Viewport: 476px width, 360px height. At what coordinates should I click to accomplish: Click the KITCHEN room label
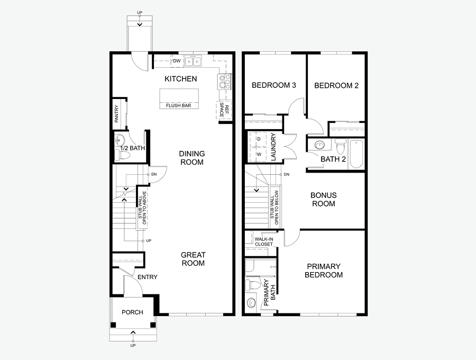pos(181,79)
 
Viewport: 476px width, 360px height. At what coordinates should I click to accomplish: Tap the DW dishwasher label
pos(177,61)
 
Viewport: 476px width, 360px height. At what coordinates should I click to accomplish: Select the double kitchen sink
pos(193,61)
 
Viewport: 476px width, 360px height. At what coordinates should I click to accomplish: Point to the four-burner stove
pos(225,82)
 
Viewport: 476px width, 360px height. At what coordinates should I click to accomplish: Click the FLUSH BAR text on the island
pos(179,105)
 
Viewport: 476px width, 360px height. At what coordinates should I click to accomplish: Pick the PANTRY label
pos(116,114)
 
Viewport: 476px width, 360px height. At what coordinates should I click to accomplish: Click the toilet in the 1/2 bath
pos(124,156)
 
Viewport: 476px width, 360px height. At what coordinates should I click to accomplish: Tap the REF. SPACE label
pos(224,110)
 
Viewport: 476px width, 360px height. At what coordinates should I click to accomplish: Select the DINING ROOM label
pos(192,158)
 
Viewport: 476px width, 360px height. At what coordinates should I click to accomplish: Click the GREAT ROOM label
pos(194,259)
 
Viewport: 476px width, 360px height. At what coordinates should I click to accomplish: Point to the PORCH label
pos(132,312)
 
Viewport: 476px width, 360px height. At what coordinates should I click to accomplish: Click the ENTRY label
pos(148,277)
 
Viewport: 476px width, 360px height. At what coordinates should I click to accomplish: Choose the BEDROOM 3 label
pos(274,85)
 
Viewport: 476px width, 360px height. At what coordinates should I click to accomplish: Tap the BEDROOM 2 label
pos(336,85)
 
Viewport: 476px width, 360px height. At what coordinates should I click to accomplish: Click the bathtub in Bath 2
pos(356,154)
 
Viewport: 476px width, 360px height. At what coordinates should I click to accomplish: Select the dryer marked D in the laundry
pos(258,139)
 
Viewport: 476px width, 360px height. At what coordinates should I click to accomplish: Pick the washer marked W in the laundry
pos(258,155)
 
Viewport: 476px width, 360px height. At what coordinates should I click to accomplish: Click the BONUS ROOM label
pos(324,200)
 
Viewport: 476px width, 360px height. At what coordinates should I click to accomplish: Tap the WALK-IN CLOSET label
pos(264,241)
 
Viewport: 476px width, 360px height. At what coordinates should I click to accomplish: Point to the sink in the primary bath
pos(251,303)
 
